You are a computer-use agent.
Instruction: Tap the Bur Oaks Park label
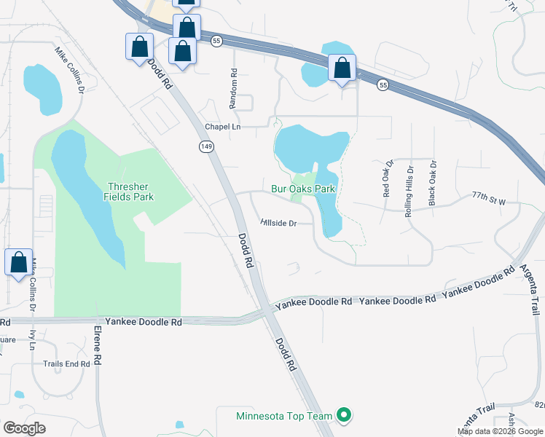pos(302,189)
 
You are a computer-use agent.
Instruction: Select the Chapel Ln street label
pos(222,127)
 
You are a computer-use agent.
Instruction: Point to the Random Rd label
pos(234,89)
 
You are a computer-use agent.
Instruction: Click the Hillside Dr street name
pos(278,224)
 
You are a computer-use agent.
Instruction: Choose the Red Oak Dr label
pos(387,178)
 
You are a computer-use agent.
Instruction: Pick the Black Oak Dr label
pos(432,182)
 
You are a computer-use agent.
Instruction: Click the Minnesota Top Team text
pos(284,417)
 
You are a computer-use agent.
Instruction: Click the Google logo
pos(25,428)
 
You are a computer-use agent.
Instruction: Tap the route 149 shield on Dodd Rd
pos(208,147)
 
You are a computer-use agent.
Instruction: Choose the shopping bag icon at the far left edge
pos(18,262)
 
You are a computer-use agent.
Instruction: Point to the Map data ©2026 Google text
pos(501,431)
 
